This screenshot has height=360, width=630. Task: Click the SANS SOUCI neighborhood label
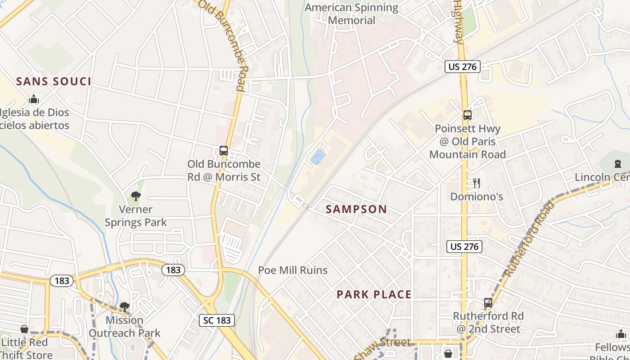pos(54,81)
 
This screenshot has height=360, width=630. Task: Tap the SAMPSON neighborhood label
pos(356,209)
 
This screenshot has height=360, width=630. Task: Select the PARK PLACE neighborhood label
pos(374,294)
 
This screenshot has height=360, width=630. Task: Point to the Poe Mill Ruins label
pos(292,270)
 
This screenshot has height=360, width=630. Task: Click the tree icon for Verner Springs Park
pos(135,196)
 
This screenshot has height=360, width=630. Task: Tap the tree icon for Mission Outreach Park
pos(124,307)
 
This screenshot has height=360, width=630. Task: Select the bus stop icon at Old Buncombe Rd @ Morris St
pos(224,151)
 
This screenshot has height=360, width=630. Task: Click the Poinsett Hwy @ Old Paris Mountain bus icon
pos(468,115)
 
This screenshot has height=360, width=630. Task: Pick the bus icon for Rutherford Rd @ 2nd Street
pos(488,302)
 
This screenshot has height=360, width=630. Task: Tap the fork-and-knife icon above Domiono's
pos(477,183)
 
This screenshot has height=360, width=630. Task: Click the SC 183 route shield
pos(216,320)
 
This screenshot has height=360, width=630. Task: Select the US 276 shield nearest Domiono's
pos(464,246)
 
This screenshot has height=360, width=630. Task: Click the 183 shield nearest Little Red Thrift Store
pos(62,281)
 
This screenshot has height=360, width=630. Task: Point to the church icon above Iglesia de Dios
pos(33,99)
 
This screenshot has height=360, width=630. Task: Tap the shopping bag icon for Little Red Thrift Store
pos(24,329)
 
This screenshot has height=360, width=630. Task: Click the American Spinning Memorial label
pos(351,14)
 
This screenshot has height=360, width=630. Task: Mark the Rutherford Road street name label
pos(529,239)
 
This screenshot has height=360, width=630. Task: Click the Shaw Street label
pos(382,347)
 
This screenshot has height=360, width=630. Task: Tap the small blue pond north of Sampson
pos(318,157)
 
